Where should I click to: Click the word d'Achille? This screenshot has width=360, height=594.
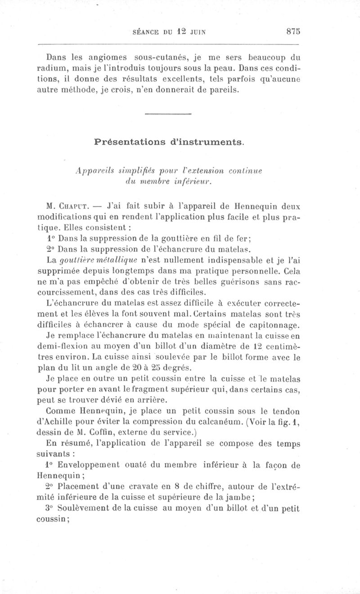point(54,422)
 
